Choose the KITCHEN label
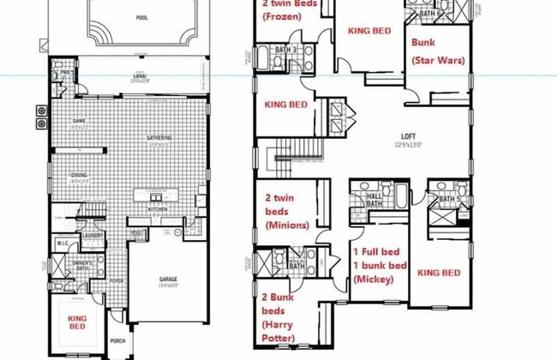pos(157,208)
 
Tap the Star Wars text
pos(439,62)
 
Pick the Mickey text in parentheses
pos(376,279)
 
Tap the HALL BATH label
pos(374,198)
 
